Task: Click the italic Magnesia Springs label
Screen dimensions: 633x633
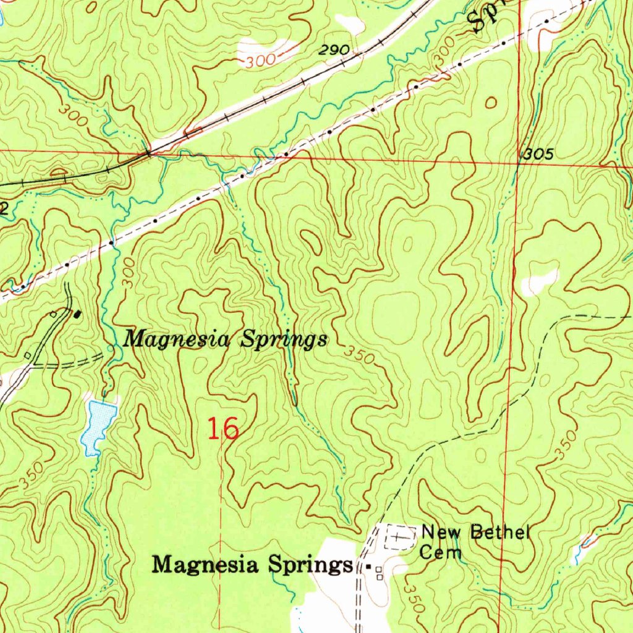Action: click(226, 340)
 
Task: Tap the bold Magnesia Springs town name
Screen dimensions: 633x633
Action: click(250, 564)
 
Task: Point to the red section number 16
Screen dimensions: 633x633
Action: click(223, 428)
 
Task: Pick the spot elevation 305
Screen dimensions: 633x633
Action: click(537, 155)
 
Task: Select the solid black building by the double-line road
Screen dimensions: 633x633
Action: click(77, 314)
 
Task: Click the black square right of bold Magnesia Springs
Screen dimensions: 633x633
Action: click(369, 566)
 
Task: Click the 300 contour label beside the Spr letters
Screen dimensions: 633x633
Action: click(443, 57)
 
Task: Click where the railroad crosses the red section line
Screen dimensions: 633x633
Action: click(149, 151)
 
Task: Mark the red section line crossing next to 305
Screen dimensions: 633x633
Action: click(517, 164)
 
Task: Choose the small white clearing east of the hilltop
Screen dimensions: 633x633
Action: click(539, 281)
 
